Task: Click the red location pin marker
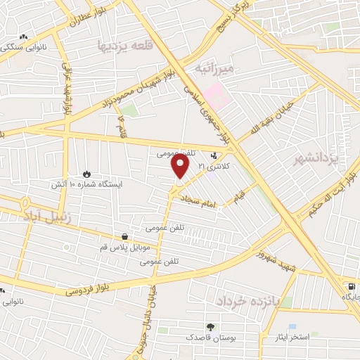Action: tap(181, 166)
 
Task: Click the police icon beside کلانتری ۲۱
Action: tap(214, 157)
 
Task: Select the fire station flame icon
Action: tap(86, 173)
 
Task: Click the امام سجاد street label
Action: tap(200, 200)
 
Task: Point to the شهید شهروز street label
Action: tap(277, 258)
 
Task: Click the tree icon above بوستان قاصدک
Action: tap(210, 326)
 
